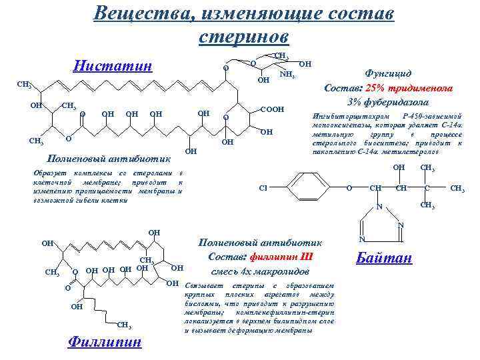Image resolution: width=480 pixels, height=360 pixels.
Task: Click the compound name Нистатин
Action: point(112,66)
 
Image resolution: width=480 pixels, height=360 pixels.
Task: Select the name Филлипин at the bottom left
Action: point(105,342)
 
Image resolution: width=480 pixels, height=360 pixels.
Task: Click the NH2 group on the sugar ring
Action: point(287,74)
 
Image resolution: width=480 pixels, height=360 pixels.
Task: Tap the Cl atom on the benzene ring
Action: point(264,188)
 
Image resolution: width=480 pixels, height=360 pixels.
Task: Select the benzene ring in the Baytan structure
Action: point(308,188)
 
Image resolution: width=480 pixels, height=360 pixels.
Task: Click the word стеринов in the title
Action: point(243,35)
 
